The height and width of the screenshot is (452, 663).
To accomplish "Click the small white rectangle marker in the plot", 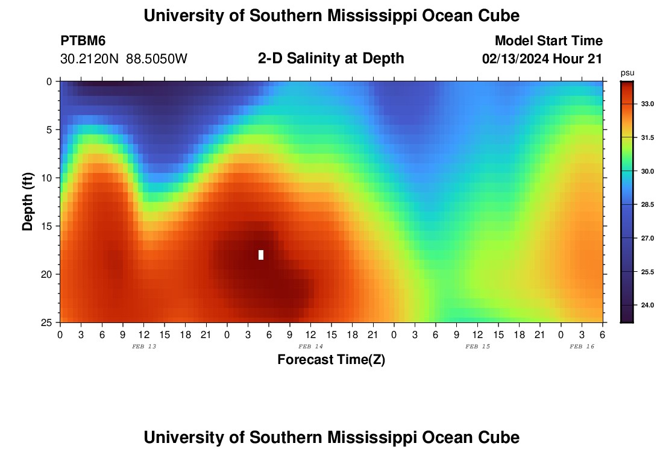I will point(261,254).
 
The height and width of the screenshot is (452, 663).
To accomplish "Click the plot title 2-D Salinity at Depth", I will point(331,58).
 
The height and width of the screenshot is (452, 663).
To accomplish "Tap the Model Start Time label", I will point(548,41).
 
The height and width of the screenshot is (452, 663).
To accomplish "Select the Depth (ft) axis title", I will point(28,202).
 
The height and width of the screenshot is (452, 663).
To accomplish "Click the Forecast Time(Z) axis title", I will point(331,360).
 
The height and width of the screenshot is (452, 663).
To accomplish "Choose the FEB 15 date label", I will point(477,347).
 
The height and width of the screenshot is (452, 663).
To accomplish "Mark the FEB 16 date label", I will point(582,347).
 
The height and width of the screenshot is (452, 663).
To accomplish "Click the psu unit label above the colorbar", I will point(627,73).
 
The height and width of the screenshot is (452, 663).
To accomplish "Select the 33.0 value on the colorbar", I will point(647,104).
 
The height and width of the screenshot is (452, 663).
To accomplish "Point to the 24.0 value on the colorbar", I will point(647,306).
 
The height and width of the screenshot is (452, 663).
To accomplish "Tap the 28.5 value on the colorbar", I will point(647,205).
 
